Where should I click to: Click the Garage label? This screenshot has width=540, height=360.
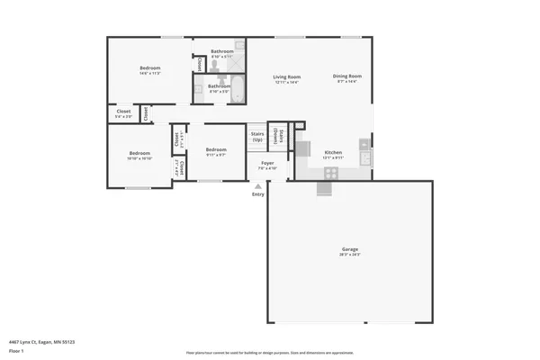click(349, 248)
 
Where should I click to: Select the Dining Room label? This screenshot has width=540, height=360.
click(346, 76)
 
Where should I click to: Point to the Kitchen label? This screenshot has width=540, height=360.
click(333, 152)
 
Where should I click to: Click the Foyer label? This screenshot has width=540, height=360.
click(267, 163)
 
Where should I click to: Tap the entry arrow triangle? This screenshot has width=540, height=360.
click(258, 186)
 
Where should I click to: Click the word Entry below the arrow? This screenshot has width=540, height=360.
click(258, 193)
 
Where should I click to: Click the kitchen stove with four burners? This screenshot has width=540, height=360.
click(331, 171)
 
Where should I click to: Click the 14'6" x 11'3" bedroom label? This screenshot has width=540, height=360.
click(149, 68)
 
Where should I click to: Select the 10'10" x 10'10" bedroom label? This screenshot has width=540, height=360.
click(139, 153)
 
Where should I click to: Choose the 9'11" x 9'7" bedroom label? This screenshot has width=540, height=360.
click(215, 149)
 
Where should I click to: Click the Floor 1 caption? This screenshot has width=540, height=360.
click(15, 350)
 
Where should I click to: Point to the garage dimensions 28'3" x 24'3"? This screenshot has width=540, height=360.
click(349, 255)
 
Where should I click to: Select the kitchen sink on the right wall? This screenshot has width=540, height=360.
click(364, 158)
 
